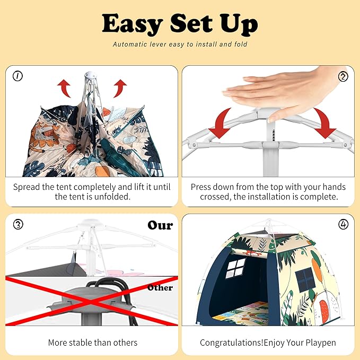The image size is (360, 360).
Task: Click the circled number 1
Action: tap(17, 76)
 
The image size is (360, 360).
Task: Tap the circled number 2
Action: tap(343, 76)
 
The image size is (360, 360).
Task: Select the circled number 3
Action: tap(18, 224)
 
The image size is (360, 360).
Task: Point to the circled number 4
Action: tap(343, 224)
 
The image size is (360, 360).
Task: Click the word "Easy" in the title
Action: tap(133, 24)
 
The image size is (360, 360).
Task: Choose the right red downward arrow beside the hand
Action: tap(324, 123)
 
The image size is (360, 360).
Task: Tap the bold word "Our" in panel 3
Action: tap(160, 225)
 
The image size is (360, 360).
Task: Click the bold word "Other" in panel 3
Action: tap(160, 287)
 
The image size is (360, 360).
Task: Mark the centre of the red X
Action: tap(91, 301)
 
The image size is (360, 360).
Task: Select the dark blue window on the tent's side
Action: tap(305, 279)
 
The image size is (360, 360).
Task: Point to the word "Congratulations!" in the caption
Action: tap(232, 343)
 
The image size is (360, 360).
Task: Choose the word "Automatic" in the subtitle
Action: tap(130, 45)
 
